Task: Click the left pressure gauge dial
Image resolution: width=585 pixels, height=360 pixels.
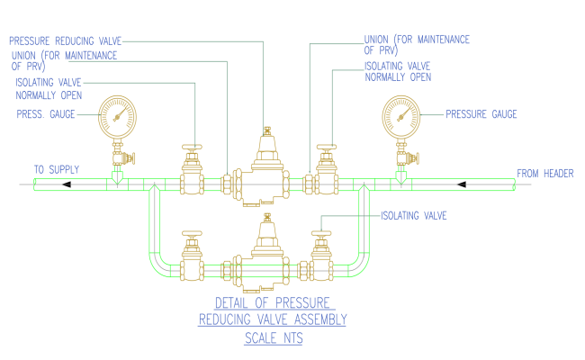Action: (116, 114)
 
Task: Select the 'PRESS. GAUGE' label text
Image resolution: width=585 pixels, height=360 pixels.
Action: (46, 113)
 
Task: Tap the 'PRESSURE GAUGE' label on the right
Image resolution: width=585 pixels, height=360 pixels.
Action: (481, 114)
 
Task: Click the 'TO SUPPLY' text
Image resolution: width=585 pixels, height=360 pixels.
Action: (57, 169)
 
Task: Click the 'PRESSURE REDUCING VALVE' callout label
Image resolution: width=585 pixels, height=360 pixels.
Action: (65, 40)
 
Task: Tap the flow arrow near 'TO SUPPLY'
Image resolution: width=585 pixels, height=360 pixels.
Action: (67, 184)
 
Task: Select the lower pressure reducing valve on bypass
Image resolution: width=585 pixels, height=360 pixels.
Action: (265, 247)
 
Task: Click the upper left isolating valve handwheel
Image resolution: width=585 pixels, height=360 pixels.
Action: (191, 147)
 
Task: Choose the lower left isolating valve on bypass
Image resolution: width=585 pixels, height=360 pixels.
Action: (191, 261)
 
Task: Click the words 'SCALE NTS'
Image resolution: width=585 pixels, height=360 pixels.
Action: (274, 339)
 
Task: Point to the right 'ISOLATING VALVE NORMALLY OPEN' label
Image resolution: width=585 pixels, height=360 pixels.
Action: (398, 71)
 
